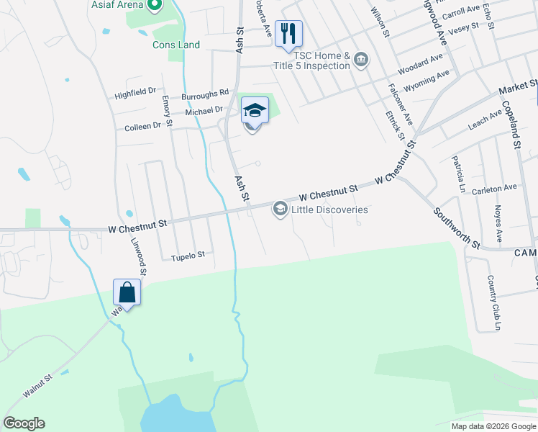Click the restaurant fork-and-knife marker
point(288,33)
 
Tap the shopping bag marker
point(127,292)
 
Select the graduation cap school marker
point(254,111)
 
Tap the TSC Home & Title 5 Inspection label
point(311,60)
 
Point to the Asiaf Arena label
point(117,4)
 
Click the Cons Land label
point(176,45)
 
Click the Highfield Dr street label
point(135,92)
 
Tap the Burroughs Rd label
point(205,93)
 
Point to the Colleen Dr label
point(142,126)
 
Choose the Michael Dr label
point(204,111)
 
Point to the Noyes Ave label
point(498,224)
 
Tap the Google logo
point(24,423)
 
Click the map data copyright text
point(494,426)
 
